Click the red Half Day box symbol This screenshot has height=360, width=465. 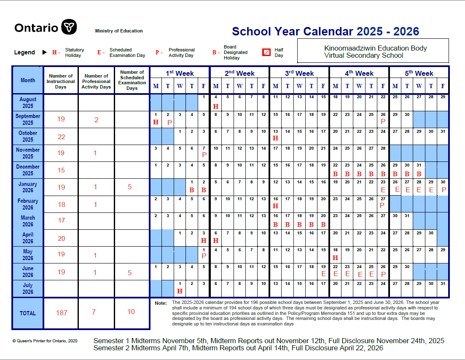coord(266,52)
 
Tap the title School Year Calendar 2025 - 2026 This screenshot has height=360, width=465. coord(325,32)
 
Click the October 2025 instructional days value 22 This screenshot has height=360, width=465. coord(61,137)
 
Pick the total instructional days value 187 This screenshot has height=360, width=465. coord(61,313)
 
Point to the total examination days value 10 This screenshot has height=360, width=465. coord(131,312)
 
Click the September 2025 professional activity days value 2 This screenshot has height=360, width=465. coord(96,120)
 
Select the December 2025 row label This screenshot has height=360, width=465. coord(28,170)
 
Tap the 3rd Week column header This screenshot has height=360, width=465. coord(299,73)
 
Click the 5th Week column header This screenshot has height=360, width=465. coord(419,73)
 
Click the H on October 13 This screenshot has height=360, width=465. coord(276,138)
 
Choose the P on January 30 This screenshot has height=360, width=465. coord(443,190)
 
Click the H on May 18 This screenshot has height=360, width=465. coord(336,258)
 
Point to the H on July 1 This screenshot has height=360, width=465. coord(180,291)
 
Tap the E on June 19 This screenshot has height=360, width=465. coord(323,274)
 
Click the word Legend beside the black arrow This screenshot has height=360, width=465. coord(24,52)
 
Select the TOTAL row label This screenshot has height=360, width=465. coord(28,313)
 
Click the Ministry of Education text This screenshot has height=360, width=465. coord(119,31)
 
